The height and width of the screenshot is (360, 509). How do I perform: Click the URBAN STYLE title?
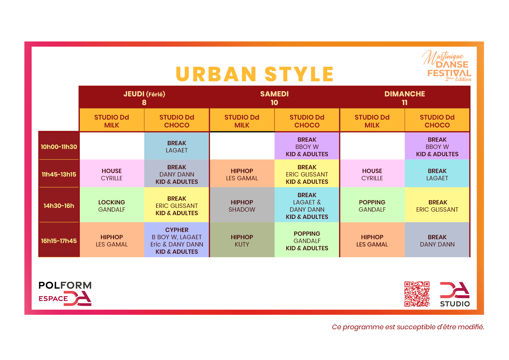255,74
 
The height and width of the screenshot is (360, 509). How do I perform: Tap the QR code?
417,294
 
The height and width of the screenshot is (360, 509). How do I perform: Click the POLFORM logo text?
65,285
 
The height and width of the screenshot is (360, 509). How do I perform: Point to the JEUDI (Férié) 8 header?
144,98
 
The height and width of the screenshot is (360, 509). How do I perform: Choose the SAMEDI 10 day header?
274,98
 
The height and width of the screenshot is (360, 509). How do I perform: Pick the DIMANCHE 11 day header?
405,98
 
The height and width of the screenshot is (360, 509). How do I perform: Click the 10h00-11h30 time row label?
59,147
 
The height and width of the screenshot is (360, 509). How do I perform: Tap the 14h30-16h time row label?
59,206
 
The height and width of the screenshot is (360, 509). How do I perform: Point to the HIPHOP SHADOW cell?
242,206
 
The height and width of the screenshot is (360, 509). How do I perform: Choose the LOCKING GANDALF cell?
112,206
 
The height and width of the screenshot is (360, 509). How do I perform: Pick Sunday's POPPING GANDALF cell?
372,206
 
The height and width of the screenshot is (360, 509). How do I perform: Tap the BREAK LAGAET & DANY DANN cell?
307,206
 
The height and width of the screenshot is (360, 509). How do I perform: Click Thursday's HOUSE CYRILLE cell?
112,174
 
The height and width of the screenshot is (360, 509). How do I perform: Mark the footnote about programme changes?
408,327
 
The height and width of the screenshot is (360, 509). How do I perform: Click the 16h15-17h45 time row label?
59,241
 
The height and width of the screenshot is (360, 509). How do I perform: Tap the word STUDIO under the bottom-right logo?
455,304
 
